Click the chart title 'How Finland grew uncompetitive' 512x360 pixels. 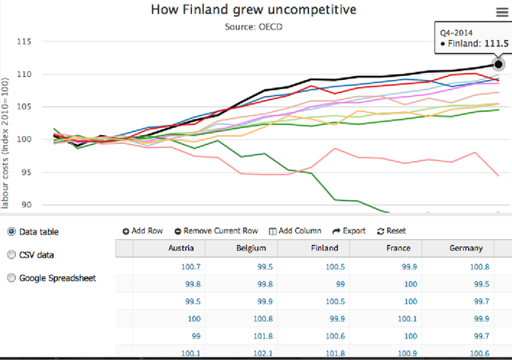click(254, 10)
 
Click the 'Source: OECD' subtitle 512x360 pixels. click(254, 26)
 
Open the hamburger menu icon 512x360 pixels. click(502, 13)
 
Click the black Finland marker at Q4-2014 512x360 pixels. click(498, 64)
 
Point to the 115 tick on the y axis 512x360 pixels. click(24, 42)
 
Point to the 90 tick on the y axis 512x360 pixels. click(26, 205)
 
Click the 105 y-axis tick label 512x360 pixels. click(24, 106)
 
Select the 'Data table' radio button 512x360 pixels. click(11, 232)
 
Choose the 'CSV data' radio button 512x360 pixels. click(11, 254)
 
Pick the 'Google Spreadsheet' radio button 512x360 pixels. click(11, 278)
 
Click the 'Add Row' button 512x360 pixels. click(142, 231)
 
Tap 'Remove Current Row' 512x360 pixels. click(216, 231)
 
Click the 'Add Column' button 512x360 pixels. click(295, 231)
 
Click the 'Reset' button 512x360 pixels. click(391, 231)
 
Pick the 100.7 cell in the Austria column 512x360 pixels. click(190, 267)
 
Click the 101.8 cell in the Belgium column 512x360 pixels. click(263, 336)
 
